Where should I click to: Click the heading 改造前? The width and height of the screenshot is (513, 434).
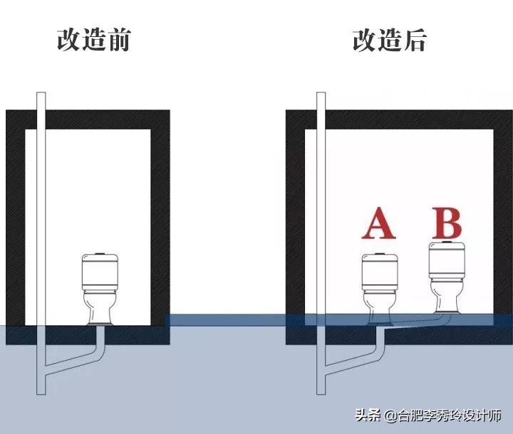tap(93, 40)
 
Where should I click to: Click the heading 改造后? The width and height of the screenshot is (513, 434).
tap(389, 40)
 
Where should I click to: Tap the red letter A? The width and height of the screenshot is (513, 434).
tap(378, 225)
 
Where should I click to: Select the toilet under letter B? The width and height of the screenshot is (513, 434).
tap(447, 278)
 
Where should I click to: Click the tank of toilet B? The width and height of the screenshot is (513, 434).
tap(447, 261)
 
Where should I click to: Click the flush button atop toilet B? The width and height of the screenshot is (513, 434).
tap(447, 243)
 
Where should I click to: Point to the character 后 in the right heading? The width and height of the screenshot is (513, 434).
tap(414, 40)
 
